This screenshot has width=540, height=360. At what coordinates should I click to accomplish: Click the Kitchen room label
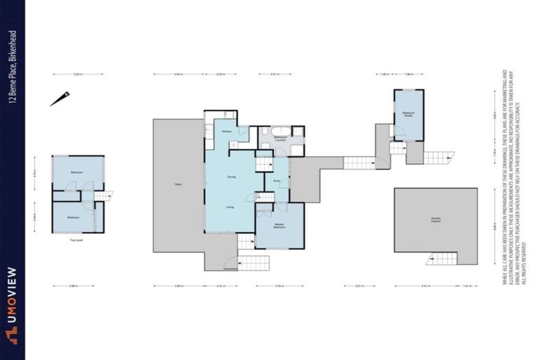click(x=226, y=131)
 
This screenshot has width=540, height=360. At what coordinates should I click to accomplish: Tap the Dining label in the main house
click(x=231, y=176)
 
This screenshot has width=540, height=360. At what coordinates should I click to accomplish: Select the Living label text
click(x=230, y=207)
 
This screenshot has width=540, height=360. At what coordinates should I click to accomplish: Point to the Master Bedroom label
click(x=279, y=226)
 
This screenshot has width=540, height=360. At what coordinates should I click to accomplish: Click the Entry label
click(x=277, y=181)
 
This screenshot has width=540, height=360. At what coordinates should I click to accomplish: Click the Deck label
click(x=179, y=184)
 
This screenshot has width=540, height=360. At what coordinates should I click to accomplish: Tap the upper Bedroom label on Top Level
click(x=77, y=172)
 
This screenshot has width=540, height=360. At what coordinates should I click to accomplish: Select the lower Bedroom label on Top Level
click(x=74, y=218)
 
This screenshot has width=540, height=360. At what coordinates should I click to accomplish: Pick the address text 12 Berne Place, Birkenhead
click(x=13, y=66)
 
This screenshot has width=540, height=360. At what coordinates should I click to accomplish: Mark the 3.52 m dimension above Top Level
click(x=78, y=74)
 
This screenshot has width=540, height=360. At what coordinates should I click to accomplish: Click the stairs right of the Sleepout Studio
click(x=439, y=158)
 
